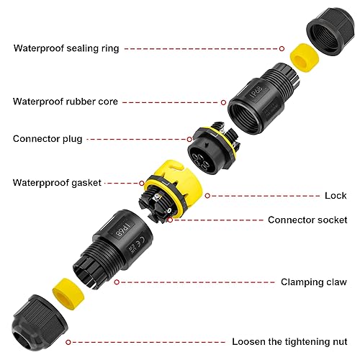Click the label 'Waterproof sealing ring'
pos(66,48)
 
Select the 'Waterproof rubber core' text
pos(66,102)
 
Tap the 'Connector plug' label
pos(48,139)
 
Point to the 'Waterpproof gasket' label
pos(57,183)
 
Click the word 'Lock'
pos(336,196)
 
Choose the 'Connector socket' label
pos(307,220)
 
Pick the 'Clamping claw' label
pos(314,282)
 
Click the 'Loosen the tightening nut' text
pos(289,342)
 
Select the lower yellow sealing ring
pos(68,293)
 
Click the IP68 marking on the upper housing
pos(256,92)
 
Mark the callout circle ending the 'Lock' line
pos(207,196)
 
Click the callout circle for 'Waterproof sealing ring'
pos(282,49)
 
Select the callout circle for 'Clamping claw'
pos(117,282)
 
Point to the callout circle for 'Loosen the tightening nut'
pos(68,342)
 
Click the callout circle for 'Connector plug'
pos(189,139)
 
